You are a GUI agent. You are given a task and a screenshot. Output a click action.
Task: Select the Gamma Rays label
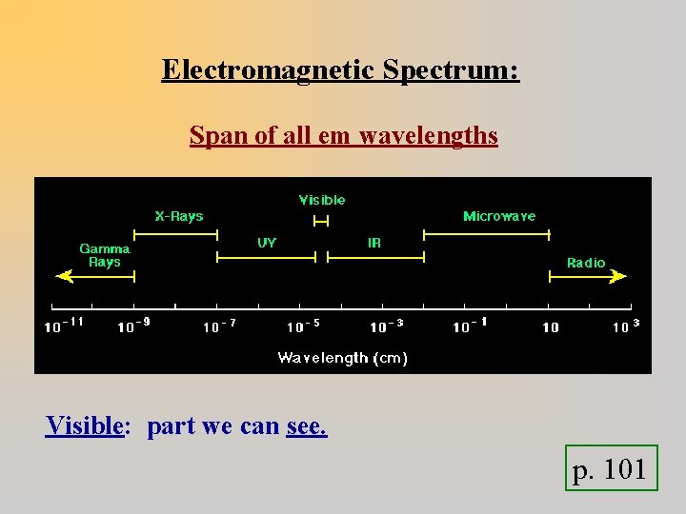(105, 255)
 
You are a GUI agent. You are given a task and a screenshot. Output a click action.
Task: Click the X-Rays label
(179, 216)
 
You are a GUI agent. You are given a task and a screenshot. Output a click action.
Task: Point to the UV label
(267, 243)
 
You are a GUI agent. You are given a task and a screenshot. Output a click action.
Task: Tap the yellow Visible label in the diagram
(322, 200)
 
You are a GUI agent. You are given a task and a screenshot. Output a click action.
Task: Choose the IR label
(374, 243)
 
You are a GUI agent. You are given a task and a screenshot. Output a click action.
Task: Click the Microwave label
(499, 216)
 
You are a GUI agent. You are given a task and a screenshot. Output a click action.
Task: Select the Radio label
(586, 263)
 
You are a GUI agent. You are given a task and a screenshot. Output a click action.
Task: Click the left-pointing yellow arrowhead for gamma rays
(64, 276)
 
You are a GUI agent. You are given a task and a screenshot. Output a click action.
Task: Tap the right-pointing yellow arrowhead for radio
(619, 276)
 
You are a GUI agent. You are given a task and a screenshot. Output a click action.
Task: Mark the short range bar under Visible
(321, 221)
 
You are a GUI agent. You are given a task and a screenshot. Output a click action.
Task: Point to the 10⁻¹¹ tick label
(65, 326)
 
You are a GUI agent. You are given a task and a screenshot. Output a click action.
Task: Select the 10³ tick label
(625, 326)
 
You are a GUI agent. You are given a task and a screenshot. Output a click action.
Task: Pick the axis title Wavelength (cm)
(343, 358)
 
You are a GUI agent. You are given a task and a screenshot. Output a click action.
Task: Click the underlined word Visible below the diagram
(85, 425)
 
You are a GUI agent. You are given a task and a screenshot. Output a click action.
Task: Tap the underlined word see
(306, 425)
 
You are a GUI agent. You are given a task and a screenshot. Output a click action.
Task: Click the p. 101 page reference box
(610, 468)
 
